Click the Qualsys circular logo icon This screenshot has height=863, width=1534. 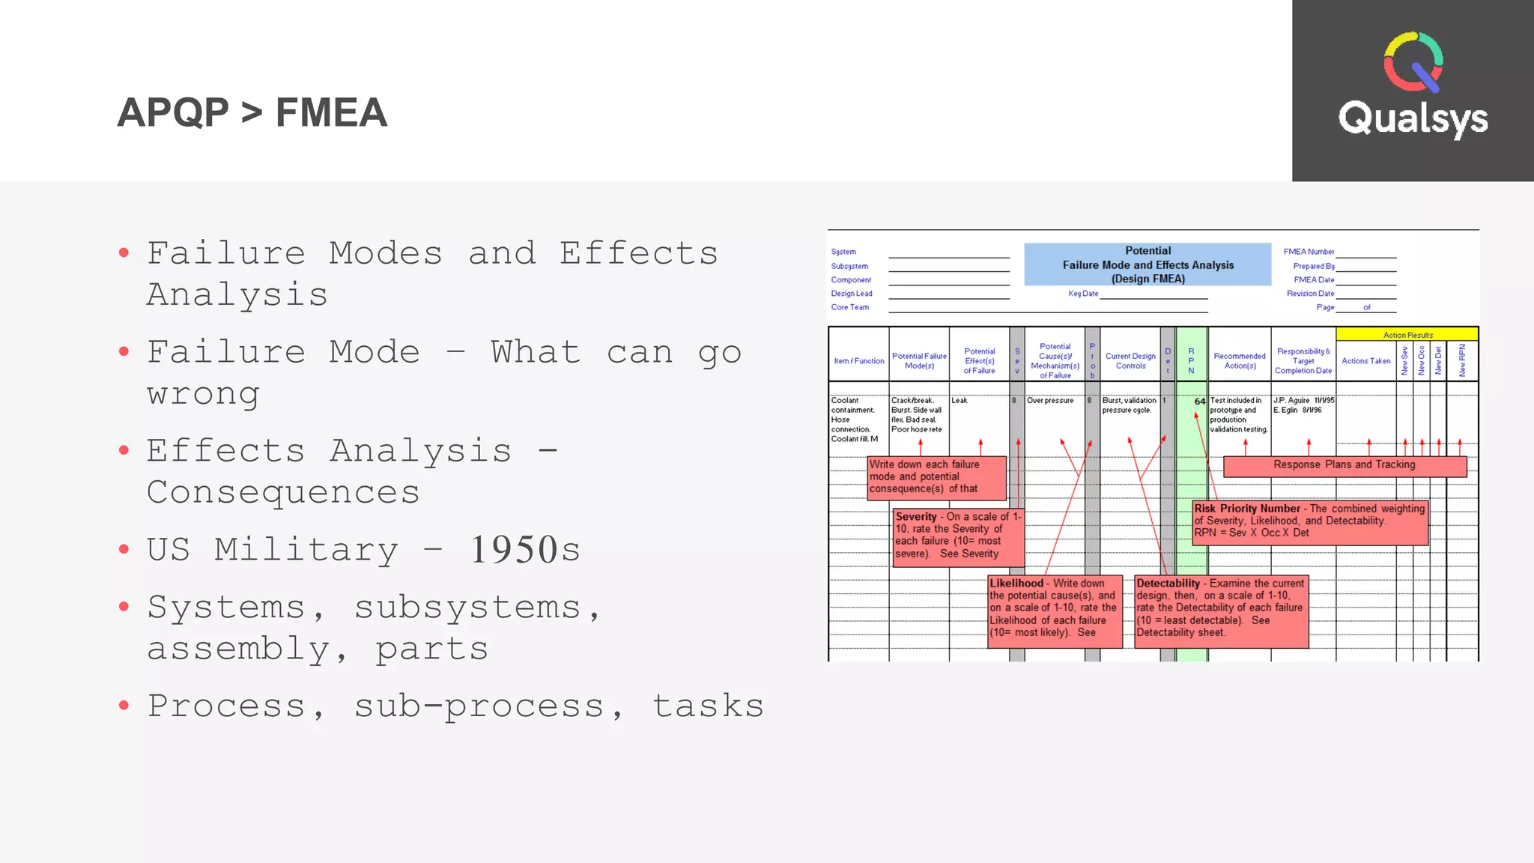coord(1413,61)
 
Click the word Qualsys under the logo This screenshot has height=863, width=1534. coord(1413,118)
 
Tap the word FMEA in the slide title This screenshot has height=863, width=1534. coord(331,113)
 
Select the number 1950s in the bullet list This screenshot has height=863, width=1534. coord(525,550)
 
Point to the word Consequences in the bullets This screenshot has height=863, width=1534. coord(283,492)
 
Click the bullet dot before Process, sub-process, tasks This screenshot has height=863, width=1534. coord(124,705)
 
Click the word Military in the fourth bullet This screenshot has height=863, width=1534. coord(306,550)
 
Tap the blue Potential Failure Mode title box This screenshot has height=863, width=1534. coord(1148,264)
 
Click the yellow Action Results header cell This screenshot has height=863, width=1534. coord(1407,335)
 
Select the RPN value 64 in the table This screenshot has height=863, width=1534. coord(1199,402)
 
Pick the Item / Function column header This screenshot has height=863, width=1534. coord(858,361)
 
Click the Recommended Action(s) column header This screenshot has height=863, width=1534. coord(1240,361)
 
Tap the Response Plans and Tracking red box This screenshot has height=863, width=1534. coord(1344,465)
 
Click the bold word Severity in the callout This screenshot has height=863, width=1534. coord(916,517)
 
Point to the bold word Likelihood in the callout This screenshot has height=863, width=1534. coord(1016,584)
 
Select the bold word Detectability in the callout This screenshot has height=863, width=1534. coord(1168,584)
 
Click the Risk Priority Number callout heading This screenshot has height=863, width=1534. coord(1247,509)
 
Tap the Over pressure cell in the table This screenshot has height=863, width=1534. coord(1050,401)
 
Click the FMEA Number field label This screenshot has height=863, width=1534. coord(1308,252)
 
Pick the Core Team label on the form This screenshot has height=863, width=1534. coord(849,307)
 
